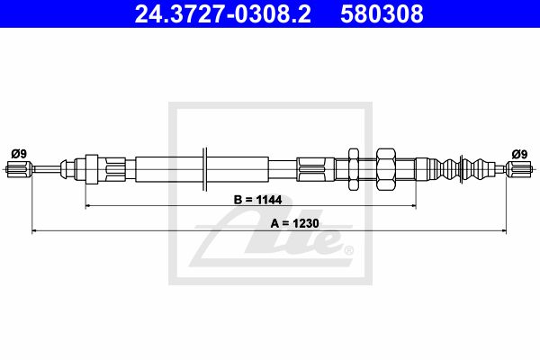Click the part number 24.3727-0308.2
pos(222,13)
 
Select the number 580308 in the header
pos(382,13)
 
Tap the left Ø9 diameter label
pos(19,154)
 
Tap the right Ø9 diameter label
pos(519,154)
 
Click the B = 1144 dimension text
pos(257,200)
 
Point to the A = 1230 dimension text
pos(294,223)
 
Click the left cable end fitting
pos(19,169)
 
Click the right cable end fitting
pos(519,169)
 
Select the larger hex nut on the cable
pos(386,169)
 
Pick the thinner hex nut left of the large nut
pos(354,169)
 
